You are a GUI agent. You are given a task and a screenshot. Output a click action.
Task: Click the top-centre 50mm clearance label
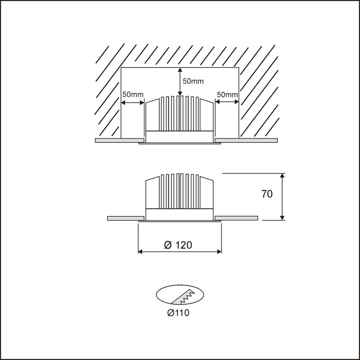[x=193, y=81]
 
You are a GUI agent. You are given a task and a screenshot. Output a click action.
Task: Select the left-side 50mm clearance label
[x=133, y=94]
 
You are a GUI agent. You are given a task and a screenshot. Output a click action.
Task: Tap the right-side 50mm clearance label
[x=227, y=94]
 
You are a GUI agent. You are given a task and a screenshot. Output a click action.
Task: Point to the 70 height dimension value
[x=267, y=194]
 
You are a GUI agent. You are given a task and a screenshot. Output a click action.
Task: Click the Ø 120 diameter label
[x=178, y=245]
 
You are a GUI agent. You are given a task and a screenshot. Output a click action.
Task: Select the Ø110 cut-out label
[x=178, y=313]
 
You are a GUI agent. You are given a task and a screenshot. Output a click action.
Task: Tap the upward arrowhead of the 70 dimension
[x=283, y=175]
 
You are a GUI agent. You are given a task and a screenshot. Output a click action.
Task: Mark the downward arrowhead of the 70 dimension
[x=283, y=218]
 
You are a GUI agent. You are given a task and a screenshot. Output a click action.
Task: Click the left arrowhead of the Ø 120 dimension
[x=140, y=252]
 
